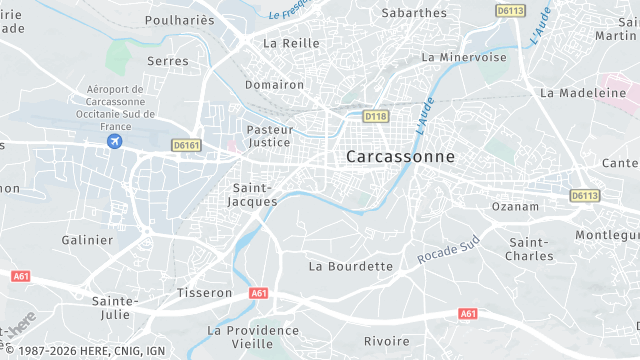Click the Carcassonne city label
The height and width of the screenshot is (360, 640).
tap(400, 157)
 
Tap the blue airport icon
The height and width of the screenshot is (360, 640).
tap(115, 142)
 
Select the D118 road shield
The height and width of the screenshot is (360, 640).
tap(375, 117)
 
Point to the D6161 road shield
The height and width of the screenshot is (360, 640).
tap(186, 146)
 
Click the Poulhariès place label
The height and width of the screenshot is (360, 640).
tap(181, 19)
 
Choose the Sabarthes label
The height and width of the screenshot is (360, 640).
tap(414, 13)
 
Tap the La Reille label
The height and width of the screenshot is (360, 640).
tap(291, 44)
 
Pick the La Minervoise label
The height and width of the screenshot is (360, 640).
tap(464, 57)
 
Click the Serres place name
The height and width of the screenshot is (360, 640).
tap(167, 61)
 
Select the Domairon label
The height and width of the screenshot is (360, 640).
tap(274, 85)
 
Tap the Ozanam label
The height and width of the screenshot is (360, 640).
tap(515, 206)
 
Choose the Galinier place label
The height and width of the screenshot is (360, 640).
tap(87, 240)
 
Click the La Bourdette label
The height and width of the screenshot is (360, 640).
tap(351, 266)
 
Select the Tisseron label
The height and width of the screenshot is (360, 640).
tap(204, 293)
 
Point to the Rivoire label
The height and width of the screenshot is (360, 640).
tap(386, 341)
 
